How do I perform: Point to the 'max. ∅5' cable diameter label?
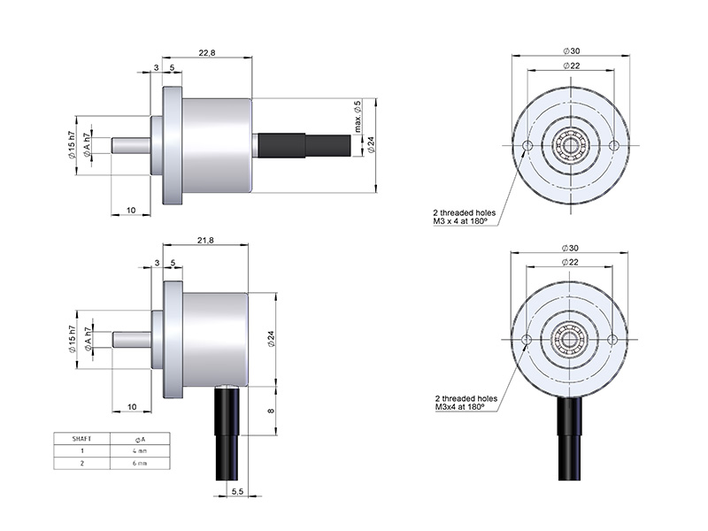point(358,119)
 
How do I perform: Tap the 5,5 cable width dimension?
point(237,491)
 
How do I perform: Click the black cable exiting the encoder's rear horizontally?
point(310,146)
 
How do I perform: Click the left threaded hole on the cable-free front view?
point(528,145)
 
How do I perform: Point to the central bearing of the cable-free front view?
point(571,145)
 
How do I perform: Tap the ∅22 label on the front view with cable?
point(571,262)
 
